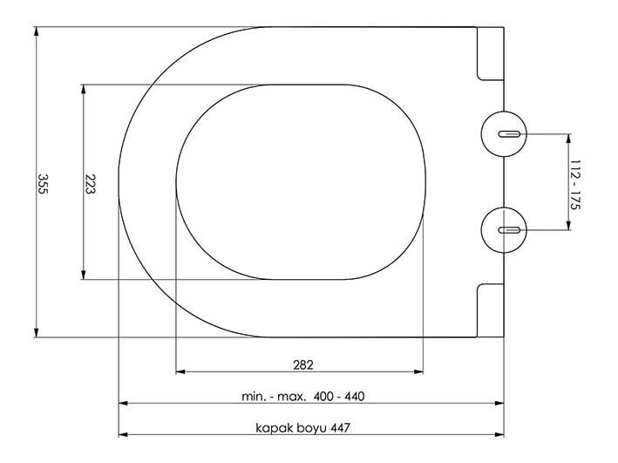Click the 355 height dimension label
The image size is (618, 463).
tap(42, 184)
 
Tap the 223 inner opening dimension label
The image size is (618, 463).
tap(90, 184)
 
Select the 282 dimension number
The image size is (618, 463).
tap(303, 364)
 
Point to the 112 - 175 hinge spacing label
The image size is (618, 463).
tap(575, 185)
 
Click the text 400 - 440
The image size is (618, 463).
tap(339, 396)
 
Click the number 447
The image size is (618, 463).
tap(340, 427)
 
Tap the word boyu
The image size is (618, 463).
tap(311, 428)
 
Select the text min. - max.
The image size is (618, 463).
tap(274, 397)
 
